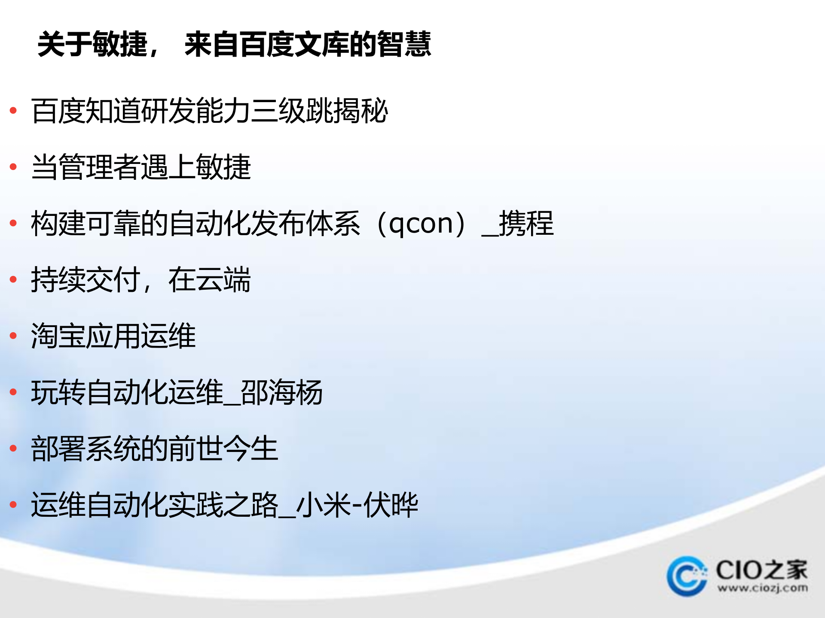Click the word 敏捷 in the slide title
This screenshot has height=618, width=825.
[x=120, y=44]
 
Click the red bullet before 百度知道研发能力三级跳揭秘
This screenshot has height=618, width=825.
[x=13, y=111]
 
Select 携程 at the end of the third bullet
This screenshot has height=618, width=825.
[x=526, y=224]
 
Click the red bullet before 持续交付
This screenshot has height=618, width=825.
[x=13, y=279]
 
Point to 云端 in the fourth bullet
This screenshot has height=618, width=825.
[x=223, y=280]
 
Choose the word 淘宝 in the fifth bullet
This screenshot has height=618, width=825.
[x=58, y=336]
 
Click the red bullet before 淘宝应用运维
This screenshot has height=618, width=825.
[x=13, y=336]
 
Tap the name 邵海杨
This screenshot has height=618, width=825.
[x=281, y=392]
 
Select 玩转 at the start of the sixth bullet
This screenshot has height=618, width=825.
[x=58, y=392]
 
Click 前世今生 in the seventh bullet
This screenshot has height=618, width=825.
[x=223, y=448]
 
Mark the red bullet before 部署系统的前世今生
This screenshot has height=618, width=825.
[x=13, y=448]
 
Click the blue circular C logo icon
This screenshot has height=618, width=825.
[x=687, y=576]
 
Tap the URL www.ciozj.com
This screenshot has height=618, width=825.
[x=762, y=588]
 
